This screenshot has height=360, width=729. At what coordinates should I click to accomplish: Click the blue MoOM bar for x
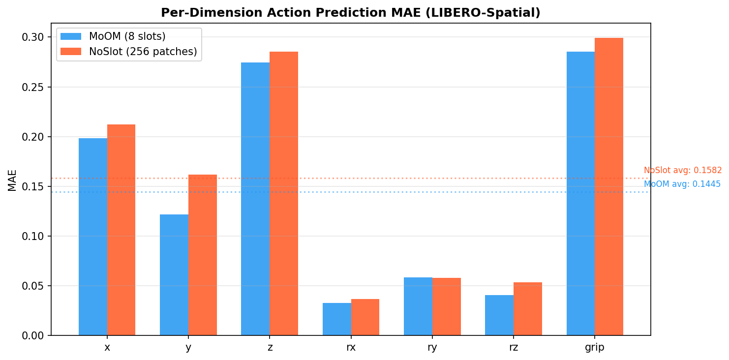coord(93,237)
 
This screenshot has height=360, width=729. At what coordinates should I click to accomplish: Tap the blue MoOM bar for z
coord(255,199)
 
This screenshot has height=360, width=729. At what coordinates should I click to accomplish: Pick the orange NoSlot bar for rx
coord(365,317)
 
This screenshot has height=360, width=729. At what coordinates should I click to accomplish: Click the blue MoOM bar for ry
coord(418,306)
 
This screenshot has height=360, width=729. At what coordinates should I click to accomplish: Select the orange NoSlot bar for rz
coord(528,309)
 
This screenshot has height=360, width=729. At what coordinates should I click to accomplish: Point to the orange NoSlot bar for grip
coord(609,186)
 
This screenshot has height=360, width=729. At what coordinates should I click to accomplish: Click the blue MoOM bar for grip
coord(580,193)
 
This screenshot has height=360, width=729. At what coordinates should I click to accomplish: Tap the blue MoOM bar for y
coord(174,275)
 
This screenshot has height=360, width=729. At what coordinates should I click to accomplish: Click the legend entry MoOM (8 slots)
coord(127,36)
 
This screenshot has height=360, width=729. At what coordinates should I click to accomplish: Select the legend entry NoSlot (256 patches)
coord(143,52)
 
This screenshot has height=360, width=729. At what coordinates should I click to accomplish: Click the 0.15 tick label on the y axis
coord(33,187)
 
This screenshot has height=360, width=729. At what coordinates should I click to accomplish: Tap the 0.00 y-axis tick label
coord(33,336)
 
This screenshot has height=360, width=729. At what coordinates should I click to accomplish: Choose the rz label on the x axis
coord(514,348)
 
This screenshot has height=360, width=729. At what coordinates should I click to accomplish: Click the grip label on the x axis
coord(595,348)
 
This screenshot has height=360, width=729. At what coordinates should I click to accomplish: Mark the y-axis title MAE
coord(12,180)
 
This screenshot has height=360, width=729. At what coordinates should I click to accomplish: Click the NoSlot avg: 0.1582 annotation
coord(683,171)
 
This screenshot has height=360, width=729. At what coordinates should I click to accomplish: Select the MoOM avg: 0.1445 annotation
coord(682,184)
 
